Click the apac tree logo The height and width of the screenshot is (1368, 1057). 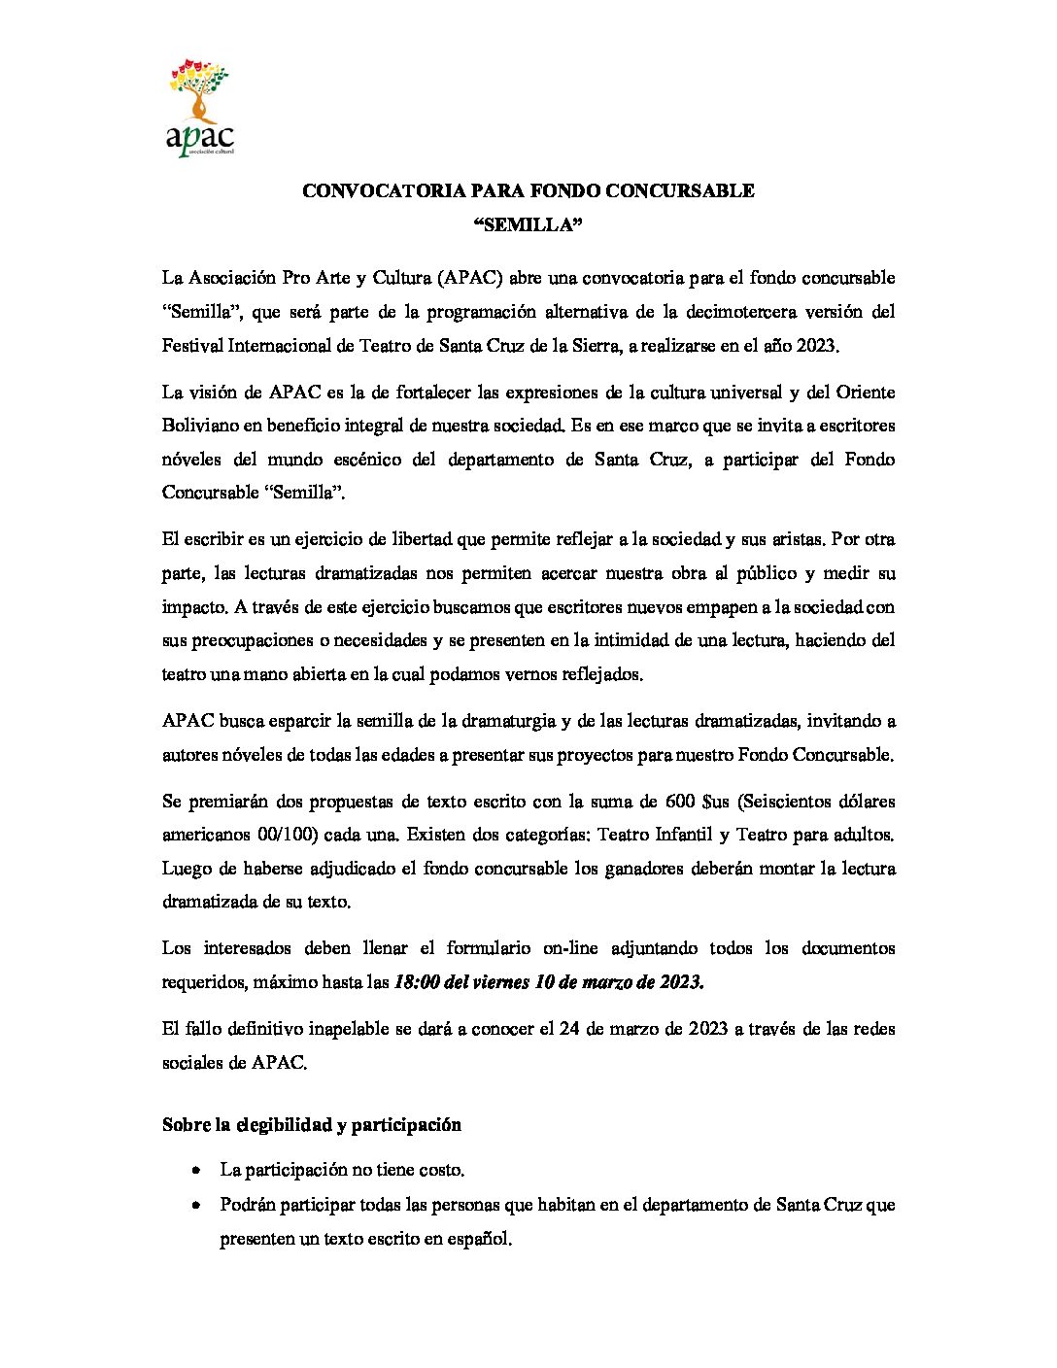point(199,107)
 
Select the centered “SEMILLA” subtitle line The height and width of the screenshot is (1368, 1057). point(528,225)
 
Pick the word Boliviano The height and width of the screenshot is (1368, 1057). point(201,426)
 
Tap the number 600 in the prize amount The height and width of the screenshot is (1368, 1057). point(680,802)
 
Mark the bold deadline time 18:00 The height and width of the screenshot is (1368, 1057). point(416,982)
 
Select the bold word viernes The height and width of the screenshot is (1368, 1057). point(499,982)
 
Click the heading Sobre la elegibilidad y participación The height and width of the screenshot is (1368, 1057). point(311,1125)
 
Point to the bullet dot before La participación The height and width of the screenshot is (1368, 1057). point(197,1171)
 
